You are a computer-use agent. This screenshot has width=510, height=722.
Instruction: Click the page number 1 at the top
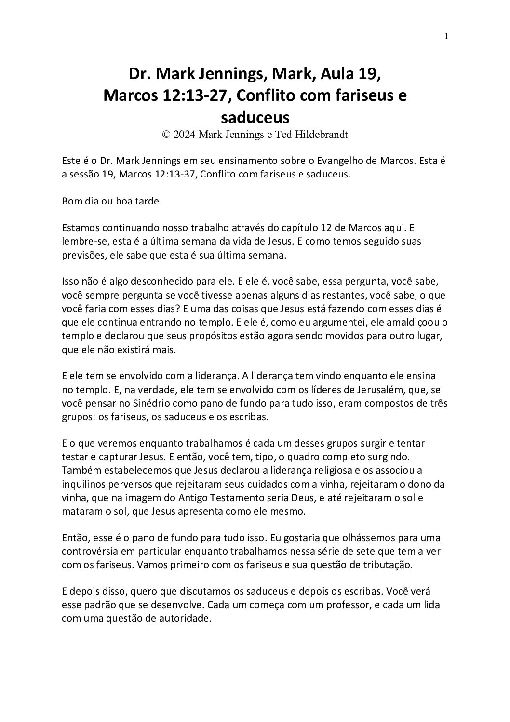(447, 36)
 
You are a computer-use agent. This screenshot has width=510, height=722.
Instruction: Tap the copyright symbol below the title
(167, 135)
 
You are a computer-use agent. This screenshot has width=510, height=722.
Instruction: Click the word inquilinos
(81, 484)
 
